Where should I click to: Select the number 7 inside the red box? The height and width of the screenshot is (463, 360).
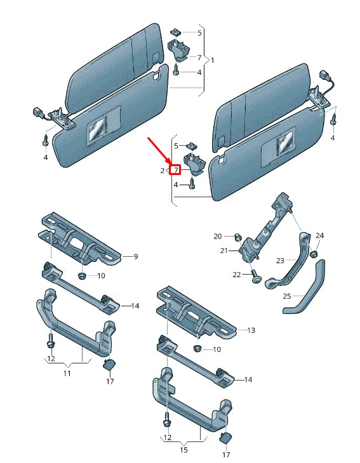pyautogui.click(x=175, y=170)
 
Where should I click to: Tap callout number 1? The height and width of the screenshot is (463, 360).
pyautogui.click(x=212, y=60)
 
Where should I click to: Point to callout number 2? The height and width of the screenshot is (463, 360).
pyautogui.click(x=163, y=171)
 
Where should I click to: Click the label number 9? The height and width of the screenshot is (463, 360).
pyautogui.click(x=135, y=257)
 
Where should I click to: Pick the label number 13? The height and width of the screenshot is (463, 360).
pyautogui.click(x=251, y=330)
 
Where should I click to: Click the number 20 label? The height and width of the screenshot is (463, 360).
pyautogui.click(x=217, y=236)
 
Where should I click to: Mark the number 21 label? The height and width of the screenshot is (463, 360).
pyautogui.click(x=223, y=251)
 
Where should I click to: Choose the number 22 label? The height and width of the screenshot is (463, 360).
pyautogui.click(x=237, y=274)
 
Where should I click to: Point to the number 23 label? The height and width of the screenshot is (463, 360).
pyautogui.click(x=280, y=259)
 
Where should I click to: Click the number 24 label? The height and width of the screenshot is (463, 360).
pyautogui.click(x=320, y=236)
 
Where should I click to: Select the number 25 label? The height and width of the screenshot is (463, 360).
pyautogui.click(x=286, y=296)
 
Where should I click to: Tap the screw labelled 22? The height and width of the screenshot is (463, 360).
pyautogui.click(x=255, y=277)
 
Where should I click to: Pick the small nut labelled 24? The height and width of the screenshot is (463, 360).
pyautogui.click(x=314, y=245)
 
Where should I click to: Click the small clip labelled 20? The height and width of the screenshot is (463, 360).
pyautogui.click(x=236, y=237)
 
